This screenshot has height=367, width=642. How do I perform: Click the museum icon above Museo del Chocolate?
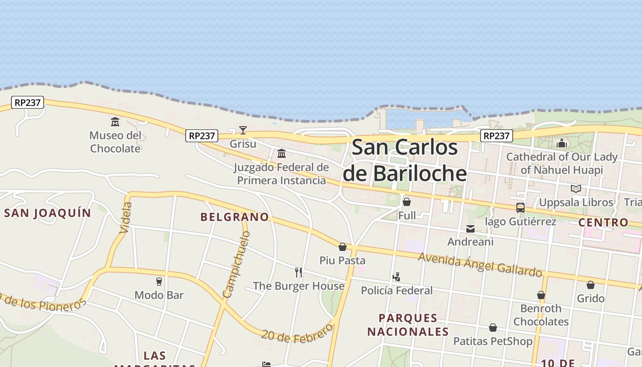(x=115, y=122)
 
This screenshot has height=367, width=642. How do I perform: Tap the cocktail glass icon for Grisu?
(x=243, y=130)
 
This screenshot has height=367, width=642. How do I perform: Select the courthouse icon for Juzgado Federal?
(x=282, y=153)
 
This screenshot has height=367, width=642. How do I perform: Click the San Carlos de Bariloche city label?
(x=405, y=161)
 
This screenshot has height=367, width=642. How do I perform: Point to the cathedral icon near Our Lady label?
(x=562, y=143)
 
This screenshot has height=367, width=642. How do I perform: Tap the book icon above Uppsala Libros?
(x=576, y=189)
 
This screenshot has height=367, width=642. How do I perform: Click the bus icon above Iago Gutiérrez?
(x=520, y=208)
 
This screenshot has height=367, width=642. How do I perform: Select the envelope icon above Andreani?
(x=470, y=228)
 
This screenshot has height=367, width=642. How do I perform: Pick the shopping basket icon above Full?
(x=407, y=202)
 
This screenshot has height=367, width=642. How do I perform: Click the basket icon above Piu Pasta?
(x=343, y=247)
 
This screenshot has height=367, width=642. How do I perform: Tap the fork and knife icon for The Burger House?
(x=299, y=272)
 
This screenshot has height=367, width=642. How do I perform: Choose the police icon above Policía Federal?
(x=397, y=277)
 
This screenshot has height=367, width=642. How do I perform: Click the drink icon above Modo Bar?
(x=159, y=282)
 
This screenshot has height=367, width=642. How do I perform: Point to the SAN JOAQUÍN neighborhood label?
(x=48, y=213)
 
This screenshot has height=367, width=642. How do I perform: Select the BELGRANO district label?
(x=234, y=217)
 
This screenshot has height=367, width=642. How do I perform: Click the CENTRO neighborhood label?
(x=603, y=222)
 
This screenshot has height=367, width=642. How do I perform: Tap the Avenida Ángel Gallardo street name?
(x=480, y=265)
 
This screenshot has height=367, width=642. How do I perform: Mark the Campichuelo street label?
(x=236, y=264)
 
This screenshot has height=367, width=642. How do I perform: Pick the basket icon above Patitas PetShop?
(x=493, y=328)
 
